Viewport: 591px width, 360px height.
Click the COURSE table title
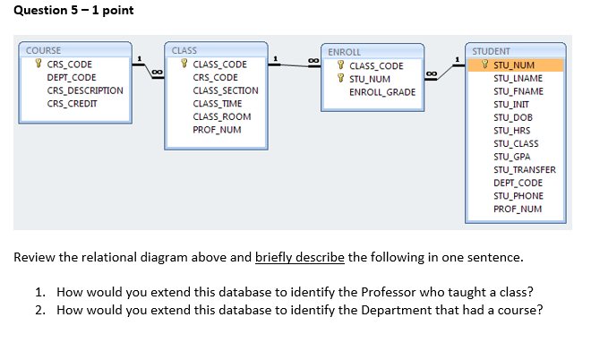click(44, 51)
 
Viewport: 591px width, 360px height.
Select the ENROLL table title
click(345, 53)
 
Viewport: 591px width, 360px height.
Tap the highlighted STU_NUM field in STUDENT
click(514, 64)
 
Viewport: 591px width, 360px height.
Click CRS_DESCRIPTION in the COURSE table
click(85, 90)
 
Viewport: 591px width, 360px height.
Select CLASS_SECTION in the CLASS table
click(226, 90)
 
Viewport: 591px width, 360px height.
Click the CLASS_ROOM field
click(222, 116)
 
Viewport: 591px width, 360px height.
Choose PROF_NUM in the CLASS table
click(217, 130)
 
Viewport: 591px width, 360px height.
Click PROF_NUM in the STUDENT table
click(518, 209)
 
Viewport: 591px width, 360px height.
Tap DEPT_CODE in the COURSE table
click(71, 78)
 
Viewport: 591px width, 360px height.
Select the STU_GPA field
click(512, 157)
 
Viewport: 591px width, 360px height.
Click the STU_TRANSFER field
click(525, 169)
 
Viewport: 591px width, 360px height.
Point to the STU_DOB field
click(512, 117)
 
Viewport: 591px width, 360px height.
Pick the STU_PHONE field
click(518, 195)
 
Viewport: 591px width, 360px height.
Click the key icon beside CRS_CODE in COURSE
click(37, 64)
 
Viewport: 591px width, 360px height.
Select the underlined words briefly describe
click(300, 258)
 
